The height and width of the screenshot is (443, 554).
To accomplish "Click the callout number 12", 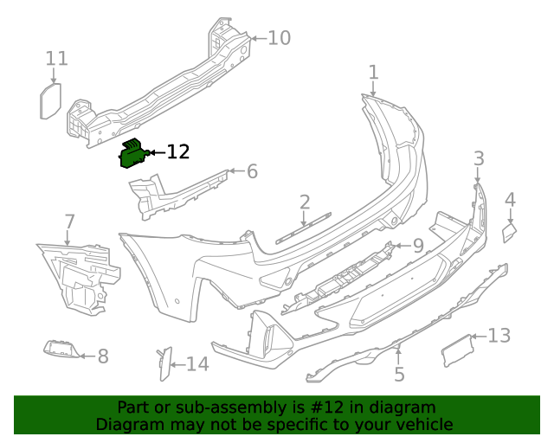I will coord(177,152).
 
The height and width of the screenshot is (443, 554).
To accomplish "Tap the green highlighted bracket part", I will coord(133,154).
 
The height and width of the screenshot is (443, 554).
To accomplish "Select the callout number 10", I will coord(279,38).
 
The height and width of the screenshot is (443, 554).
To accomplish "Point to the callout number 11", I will coord(56,59).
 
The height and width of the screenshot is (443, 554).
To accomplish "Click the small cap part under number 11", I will coord(50,101).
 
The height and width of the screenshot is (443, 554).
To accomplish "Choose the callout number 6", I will coord(252,171).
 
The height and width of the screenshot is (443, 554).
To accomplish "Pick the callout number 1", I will coord(373,72).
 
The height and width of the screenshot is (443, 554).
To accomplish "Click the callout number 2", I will coord(305,202).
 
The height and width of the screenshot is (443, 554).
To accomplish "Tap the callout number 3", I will coord(479,157).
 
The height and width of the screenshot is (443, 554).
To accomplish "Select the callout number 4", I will coord(510,200).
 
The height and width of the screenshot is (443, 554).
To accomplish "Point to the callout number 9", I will coord(417,246).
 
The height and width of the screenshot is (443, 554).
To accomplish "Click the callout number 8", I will coord(102,356).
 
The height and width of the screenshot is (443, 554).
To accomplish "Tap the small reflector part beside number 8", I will coord(62,349).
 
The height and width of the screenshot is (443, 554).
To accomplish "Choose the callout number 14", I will coord(197,364).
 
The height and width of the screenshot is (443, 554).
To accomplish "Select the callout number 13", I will coord(499,336).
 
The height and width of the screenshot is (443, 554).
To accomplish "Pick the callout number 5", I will coord(399,375).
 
